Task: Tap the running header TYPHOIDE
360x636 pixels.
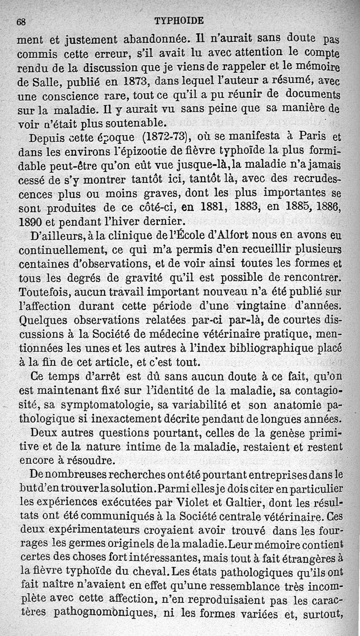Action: pyautogui.click(x=179, y=20)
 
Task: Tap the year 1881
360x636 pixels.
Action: pyautogui.click(x=217, y=207)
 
